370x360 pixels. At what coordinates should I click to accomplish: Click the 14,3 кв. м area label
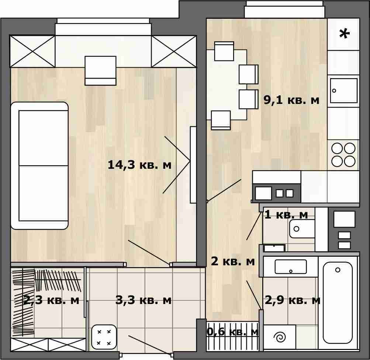click(139, 165)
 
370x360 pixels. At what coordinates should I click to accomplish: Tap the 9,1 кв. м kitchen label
click(291, 100)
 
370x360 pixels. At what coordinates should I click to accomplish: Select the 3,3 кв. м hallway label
click(143, 300)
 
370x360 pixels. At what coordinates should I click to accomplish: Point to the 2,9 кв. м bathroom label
click(293, 300)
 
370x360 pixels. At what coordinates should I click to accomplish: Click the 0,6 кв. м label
click(233, 332)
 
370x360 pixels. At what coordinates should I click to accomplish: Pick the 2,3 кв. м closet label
click(51, 300)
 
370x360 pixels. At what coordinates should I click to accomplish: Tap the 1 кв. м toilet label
click(286, 215)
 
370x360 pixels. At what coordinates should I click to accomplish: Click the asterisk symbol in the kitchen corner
click(344, 34)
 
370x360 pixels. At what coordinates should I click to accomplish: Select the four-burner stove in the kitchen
click(343, 155)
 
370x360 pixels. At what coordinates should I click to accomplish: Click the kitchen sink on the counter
click(343, 91)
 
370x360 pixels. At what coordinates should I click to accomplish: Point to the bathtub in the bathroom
click(338, 303)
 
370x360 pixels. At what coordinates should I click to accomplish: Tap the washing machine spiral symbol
click(280, 337)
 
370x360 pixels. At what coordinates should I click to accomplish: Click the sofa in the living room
click(39, 165)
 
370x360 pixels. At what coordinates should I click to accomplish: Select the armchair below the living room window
click(100, 70)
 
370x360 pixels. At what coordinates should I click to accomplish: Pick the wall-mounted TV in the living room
click(193, 165)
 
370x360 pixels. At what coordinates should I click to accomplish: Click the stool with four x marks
click(104, 337)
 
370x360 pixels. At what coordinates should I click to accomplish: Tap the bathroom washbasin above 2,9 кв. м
click(291, 267)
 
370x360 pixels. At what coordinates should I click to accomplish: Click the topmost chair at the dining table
click(224, 51)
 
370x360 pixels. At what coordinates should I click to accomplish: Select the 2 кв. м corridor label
click(233, 262)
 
